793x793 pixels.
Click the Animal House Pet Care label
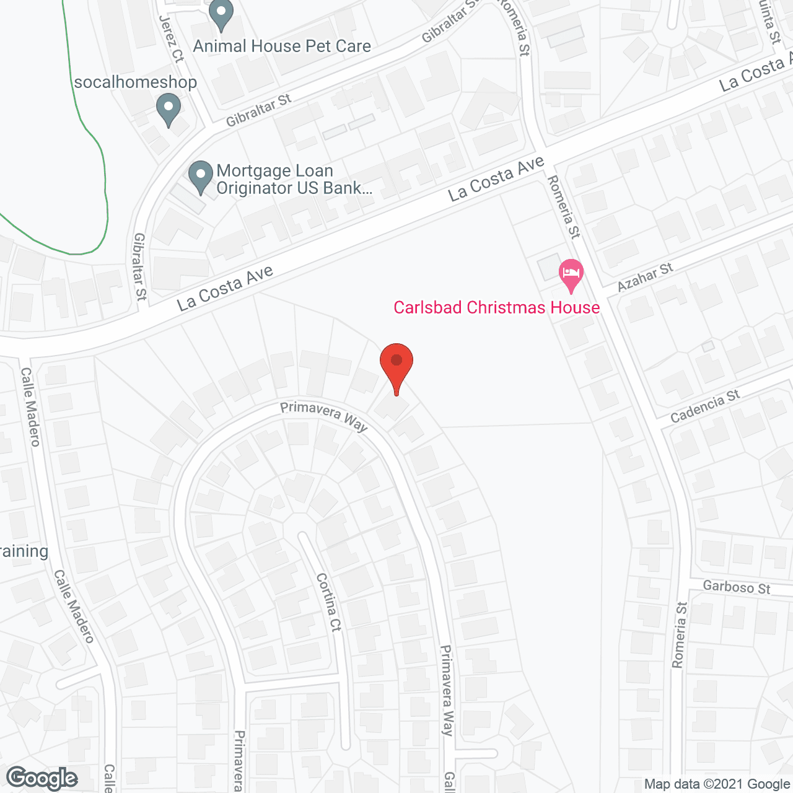(x=282, y=46)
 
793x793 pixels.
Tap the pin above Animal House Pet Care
(x=221, y=14)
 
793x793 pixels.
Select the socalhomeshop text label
(x=135, y=82)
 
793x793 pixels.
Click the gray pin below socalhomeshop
(x=168, y=109)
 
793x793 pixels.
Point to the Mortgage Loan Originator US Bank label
(x=294, y=180)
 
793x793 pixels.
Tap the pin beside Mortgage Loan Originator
(x=200, y=177)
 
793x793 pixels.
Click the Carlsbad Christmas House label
(x=496, y=308)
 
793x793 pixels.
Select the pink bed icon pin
(x=571, y=274)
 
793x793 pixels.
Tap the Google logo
(x=42, y=778)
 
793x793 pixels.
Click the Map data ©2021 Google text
(x=717, y=784)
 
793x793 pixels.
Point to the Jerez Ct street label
(x=172, y=38)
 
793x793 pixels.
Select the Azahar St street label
(x=645, y=277)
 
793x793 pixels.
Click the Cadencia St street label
(x=705, y=406)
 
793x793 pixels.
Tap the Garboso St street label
(x=737, y=587)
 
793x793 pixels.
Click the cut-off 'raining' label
(x=24, y=551)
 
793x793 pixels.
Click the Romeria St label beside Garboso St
(x=680, y=635)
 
